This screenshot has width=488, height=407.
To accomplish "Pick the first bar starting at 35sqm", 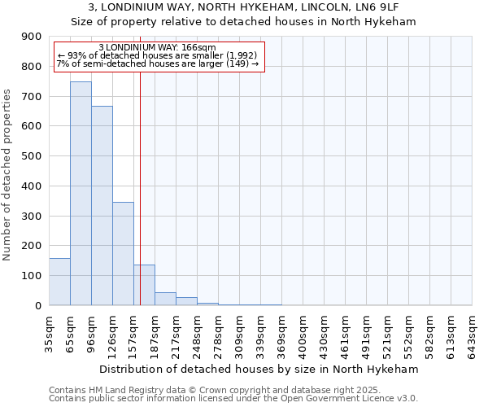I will tap(59, 282).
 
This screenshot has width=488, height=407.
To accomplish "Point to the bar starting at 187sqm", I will tap(165, 299).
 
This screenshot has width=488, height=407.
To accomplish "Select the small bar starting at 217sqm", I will tap(186, 301).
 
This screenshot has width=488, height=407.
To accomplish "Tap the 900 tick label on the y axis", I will tap(32, 37).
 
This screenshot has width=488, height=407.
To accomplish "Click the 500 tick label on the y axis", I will tap(32, 156).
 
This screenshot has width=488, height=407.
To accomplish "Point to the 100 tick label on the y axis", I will tap(32, 276).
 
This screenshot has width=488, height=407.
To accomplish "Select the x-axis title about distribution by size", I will tap(260, 369).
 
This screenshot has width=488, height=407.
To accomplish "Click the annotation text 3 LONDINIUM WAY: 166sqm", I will tap(156, 47).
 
